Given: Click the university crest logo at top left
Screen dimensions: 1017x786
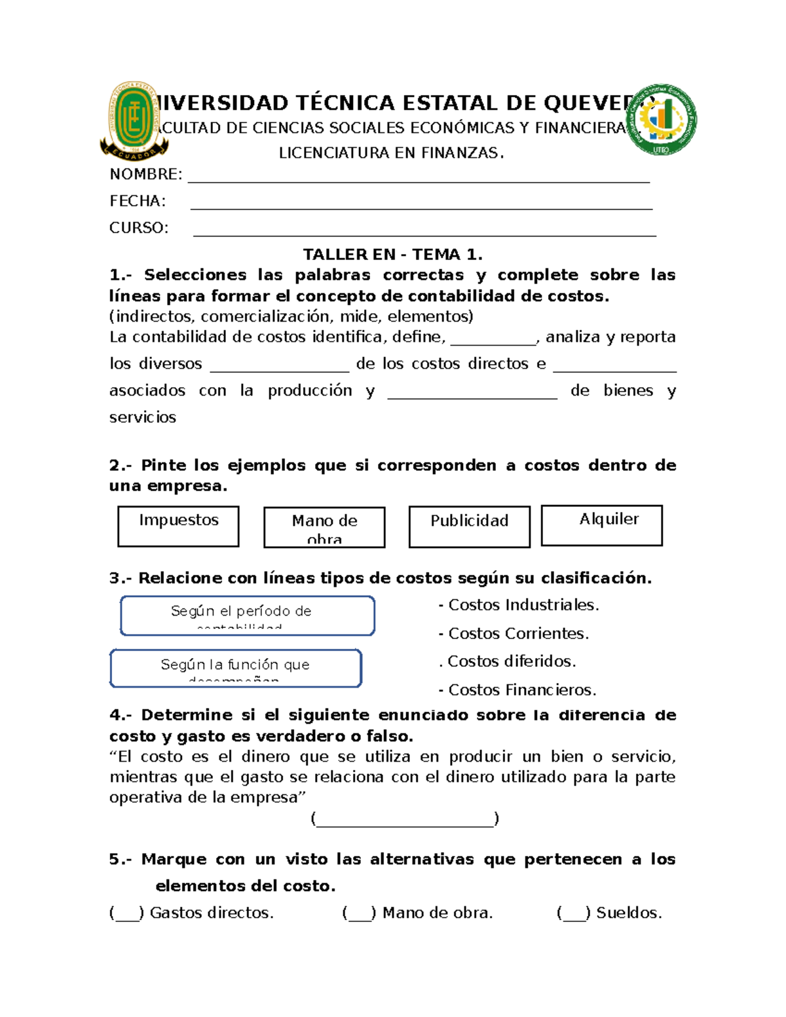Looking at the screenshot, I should click(x=135, y=122).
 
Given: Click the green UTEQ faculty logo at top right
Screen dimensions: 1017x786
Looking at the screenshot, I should click(x=662, y=120).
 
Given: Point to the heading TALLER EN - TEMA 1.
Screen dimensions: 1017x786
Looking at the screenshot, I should click(x=392, y=255).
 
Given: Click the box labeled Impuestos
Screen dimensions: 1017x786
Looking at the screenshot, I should click(x=178, y=526).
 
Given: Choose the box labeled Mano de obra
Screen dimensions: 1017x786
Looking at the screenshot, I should click(x=324, y=527).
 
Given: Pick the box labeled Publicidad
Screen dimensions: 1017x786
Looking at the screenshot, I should click(x=469, y=527).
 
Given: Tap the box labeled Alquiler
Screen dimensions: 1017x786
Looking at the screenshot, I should click(x=601, y=525).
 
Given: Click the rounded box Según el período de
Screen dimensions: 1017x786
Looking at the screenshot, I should click(x=248, y=616).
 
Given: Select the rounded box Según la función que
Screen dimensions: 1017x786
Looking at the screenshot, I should click(x=236, y=668).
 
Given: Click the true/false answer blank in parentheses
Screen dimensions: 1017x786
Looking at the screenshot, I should click(x=405, y=819).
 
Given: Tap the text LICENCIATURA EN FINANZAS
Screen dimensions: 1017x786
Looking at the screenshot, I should click(x=392, y=153).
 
